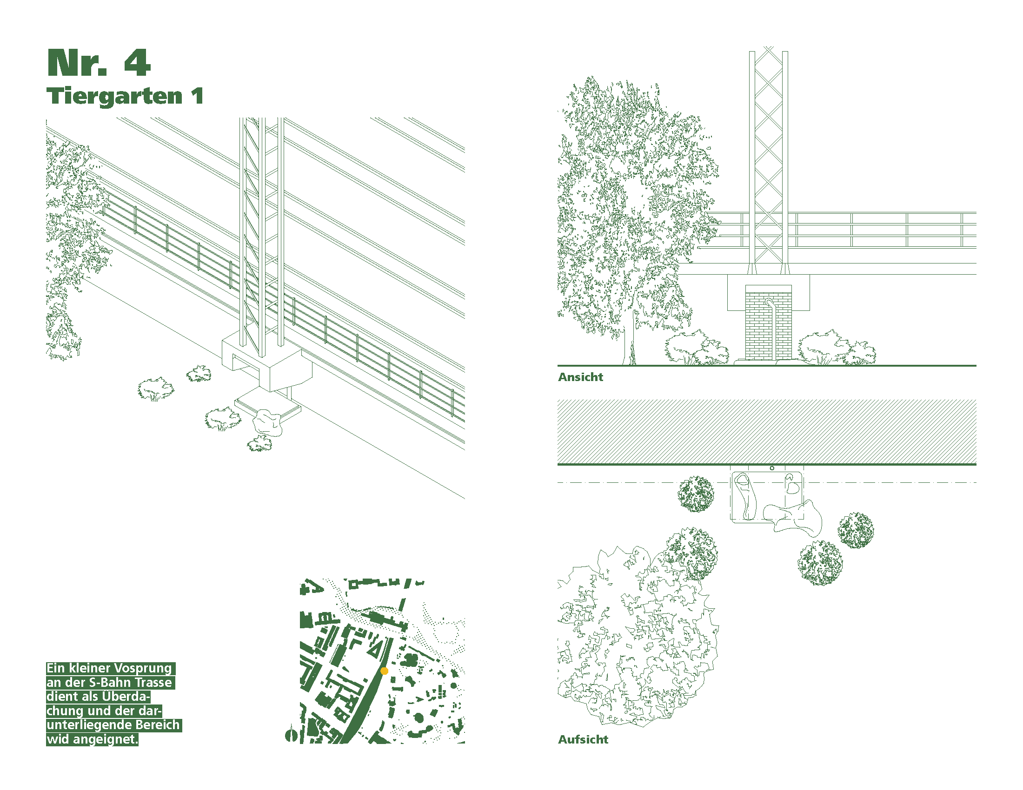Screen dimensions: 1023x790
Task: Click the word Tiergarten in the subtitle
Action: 114,97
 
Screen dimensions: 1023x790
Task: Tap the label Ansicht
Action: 580,377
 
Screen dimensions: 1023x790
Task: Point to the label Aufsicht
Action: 583,739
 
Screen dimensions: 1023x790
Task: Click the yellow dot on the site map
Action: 384,671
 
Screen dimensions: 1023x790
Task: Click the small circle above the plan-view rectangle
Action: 772,468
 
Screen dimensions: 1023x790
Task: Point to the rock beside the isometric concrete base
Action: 267,422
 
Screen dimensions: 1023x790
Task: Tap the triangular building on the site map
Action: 375,650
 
